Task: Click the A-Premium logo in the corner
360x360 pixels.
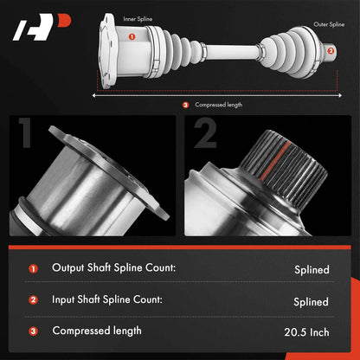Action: pos(42,27)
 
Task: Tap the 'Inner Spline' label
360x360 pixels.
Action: pos(138,19)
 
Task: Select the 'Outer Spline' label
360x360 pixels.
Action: pos(329,24)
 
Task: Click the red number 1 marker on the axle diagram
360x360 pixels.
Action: pos(132,36)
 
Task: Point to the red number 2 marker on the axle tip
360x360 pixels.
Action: pos(331,51)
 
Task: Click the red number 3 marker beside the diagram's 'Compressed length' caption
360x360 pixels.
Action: pos(186,105)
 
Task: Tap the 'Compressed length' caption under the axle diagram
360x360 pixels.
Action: pos(218,105)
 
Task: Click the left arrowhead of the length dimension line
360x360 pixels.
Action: pos(93,95)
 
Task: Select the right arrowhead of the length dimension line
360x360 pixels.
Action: pos(340,95)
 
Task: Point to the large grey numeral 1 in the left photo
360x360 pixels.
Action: pos(25,132)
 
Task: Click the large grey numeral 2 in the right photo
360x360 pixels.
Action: pos(205,133)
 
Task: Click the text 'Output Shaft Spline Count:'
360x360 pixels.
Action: pos(113,267)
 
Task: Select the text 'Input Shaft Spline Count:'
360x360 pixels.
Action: pos(107,299)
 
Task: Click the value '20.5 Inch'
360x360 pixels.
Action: pos(306,332)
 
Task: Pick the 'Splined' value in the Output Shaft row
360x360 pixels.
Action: pos(312,270)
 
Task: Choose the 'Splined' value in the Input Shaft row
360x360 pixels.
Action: pos(312,302)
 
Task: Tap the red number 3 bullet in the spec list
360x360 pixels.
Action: pos(33,331)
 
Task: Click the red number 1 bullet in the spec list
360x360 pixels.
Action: pos(33,269)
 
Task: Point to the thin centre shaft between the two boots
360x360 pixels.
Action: pos(232,52)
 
